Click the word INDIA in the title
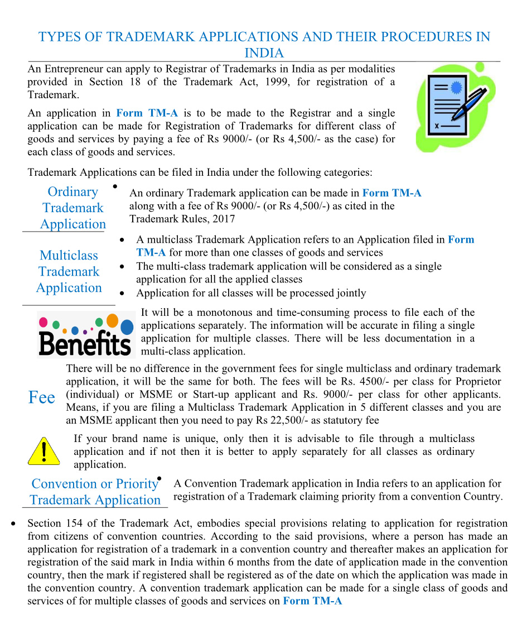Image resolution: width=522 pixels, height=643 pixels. click(x=264, y=54)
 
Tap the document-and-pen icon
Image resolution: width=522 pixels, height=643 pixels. click(x=455, y=108)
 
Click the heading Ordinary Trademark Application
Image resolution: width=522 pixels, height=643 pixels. click(x=72, y=208)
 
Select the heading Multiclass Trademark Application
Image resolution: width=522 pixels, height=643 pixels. click(x=69, y=272)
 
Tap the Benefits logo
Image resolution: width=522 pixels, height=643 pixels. click(x=86, y=335)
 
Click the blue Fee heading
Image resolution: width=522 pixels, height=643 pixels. click(x=42, y=397)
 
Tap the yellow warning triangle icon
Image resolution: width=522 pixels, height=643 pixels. click(x=43, y=451)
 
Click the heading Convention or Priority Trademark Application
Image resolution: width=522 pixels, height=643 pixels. click(x=95, y=492)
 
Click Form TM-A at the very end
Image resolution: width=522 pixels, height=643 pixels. click(x=312, y=601)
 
